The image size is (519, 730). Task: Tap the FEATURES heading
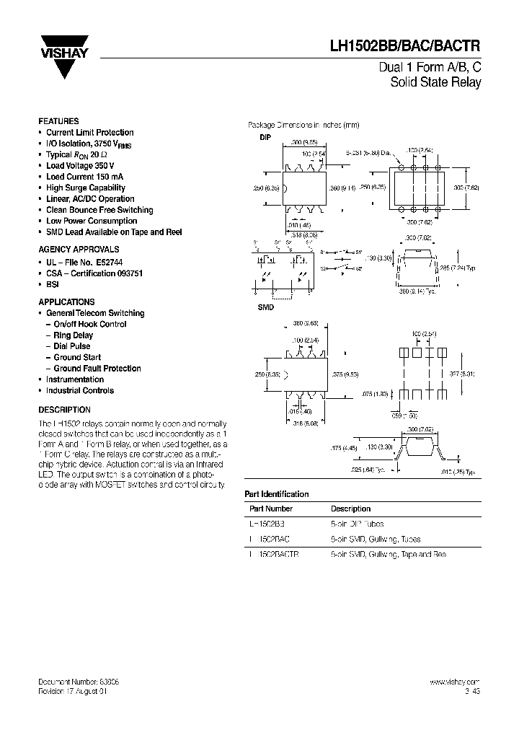pos(58,121)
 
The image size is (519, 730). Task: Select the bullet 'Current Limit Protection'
pos(89,133)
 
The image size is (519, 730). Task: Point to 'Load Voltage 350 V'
pos(80,166)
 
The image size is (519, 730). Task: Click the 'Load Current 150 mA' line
pos(84,177)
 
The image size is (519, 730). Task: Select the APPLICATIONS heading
pos(66,302)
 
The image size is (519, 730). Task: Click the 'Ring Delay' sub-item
pos(73,335)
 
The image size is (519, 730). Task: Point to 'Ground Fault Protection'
pos(97,369)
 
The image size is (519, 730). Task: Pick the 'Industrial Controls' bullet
pos(80,391)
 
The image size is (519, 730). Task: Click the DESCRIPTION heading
pos(64,410)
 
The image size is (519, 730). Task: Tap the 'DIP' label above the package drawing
pos(265,137)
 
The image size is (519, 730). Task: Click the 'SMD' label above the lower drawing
pos(265,307)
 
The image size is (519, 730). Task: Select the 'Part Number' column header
pos(269,509)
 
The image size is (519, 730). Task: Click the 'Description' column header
pos(351,509)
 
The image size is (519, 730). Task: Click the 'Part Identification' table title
pos(277,494)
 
